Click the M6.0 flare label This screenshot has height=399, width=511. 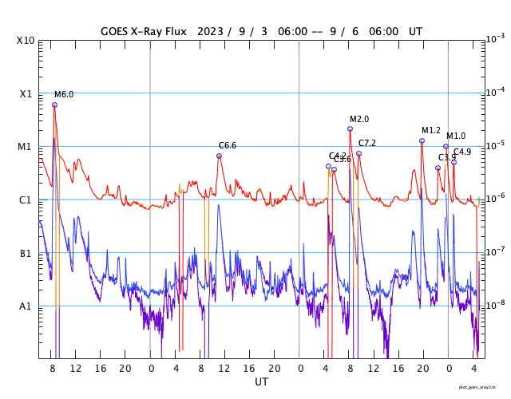(64, 94)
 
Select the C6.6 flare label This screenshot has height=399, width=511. (228, 145)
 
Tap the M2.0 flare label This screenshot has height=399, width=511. (359, 119)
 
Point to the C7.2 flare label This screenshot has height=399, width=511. (367, 143)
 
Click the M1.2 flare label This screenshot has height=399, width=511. (431, 130)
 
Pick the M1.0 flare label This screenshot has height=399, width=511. (456, 136)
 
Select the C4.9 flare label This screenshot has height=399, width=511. (462, 152)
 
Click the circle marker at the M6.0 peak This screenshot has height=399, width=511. (54, 105)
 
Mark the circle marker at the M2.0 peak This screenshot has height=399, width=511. (350, 128)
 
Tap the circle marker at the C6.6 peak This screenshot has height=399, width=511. (219, 156)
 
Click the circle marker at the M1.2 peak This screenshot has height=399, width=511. (422, 140)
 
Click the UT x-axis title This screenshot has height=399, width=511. (261, 382)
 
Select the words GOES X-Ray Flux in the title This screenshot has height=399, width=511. (144, 31)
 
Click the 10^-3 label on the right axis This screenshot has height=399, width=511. (495, 38)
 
